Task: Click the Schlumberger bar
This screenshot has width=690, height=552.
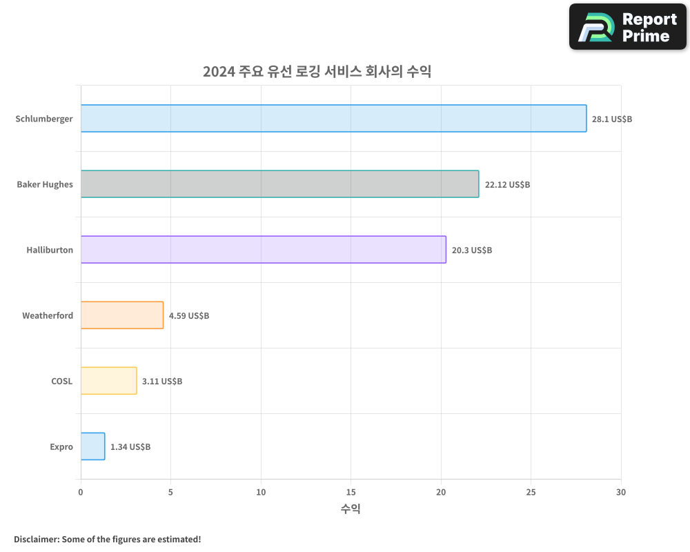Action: (333, 119)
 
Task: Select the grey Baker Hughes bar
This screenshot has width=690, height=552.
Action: (279, 184)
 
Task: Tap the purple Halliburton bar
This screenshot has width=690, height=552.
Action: (263, 250)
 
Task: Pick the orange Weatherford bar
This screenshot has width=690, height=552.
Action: (122, 315)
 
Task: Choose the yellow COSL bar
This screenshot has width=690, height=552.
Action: (108, 381)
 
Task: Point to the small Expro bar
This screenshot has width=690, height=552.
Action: (92, 446)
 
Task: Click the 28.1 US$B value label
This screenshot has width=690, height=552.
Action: (612, 119)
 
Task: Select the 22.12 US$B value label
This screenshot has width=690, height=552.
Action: (507, 185)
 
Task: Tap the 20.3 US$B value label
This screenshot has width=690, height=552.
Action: (472, 250)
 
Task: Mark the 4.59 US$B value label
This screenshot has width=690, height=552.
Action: (189, 316)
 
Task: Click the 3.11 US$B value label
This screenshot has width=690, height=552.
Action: (162, 382)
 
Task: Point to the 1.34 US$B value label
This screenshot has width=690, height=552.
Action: (130, 447)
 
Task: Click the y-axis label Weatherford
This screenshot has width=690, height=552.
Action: (48, 316)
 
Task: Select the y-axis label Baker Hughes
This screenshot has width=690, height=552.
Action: (45, 185)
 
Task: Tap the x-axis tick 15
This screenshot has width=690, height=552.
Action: (351, 492)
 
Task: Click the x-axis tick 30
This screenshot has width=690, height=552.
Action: (621, 492)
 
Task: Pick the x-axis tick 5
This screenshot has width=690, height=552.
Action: (170, 492)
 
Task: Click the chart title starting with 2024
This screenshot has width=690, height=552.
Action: (317, 71)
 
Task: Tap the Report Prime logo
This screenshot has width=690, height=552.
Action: (628, 27)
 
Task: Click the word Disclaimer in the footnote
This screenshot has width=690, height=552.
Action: (35, 539)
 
